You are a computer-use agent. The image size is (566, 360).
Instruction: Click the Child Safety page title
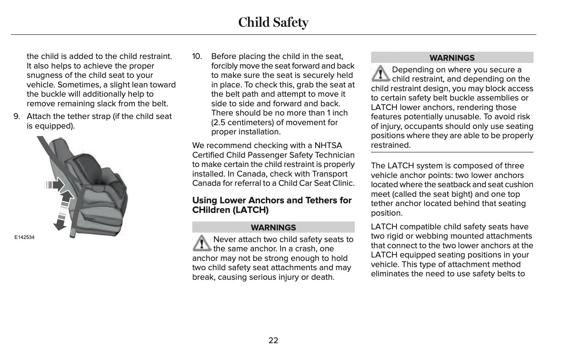click(x=273, y=22)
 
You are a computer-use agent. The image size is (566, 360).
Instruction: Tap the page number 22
click(x=273, y=340)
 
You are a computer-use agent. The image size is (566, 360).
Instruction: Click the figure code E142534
click(x=24, y=237)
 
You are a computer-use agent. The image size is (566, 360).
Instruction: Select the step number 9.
click(x=16, y=117)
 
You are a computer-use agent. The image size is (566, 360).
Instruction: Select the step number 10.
click(x=197, y=56)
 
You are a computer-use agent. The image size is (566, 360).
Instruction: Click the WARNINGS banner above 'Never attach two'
click(x=273, y=227)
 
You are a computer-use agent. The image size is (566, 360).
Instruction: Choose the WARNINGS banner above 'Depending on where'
click(x=452, y=58)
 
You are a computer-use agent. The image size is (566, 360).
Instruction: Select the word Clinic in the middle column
click(x=343, y=183)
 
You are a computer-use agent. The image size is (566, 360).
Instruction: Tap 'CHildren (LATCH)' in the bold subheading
click(x=230, y=210)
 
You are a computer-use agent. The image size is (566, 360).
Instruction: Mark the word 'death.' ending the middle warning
click(x=322, y=277)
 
